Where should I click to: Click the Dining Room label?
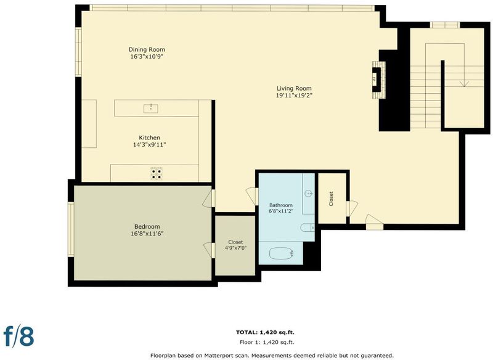[x=147, y=49]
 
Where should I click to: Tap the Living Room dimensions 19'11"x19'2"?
[x=294, y=96]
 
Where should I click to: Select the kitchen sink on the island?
[x=150, y=108]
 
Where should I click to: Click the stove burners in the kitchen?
[x=157, y=173]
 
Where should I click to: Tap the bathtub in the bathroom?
[x=282, y=253]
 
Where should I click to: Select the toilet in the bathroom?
[x=307, y=227]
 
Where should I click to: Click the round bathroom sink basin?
[x=309, y=194]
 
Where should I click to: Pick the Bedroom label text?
[x=147, y=226]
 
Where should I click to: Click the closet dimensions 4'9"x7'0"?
[x=235, y=248]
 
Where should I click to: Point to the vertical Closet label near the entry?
[x=331, y=198]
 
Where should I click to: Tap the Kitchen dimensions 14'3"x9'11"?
[x=149, y=145]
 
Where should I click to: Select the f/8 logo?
[x=18, y=336]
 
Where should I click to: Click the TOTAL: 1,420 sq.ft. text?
[x=265, y=332]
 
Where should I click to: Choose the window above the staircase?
[x=445, y=25]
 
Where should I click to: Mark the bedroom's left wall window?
[x=71, y=229]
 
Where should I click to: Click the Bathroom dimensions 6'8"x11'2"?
[x=281, y=211]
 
